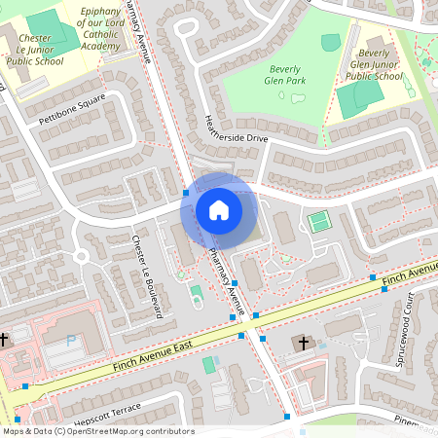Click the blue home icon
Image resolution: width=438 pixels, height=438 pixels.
[219, 209]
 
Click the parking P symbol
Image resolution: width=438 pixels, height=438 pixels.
[70, 341]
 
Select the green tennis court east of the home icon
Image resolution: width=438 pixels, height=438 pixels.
[318, 222]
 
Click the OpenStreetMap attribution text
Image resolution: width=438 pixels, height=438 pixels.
[97, 431]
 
